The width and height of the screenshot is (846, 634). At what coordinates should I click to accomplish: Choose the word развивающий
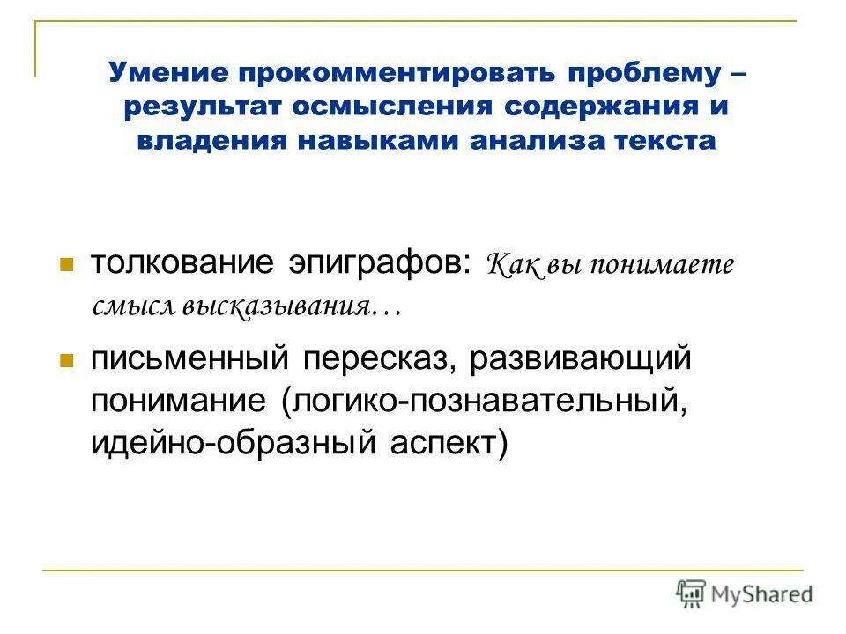click(579, 359)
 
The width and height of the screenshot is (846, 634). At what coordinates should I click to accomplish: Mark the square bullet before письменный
click(65, 360)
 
